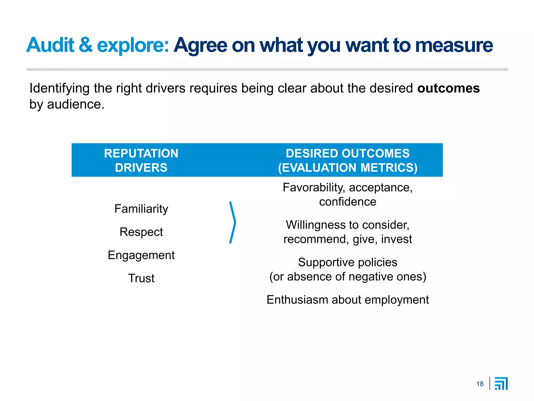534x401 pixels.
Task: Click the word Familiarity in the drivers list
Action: tap(141, 209)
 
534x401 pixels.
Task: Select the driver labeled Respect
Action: tap(141, 232)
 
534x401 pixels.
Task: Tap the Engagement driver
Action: tap(141, 255)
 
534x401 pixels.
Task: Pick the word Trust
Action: tap(141, 278)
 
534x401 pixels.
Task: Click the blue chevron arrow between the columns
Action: tap(233, 222)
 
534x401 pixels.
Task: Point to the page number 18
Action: tap(480, 384)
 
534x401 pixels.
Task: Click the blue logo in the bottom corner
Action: tap(501, 384)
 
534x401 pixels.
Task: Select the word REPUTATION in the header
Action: tap(141, 154)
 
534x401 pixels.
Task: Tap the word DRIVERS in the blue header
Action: tap(141, 168)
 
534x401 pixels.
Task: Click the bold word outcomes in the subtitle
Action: tap(448, 88)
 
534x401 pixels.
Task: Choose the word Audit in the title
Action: tap(51, 45)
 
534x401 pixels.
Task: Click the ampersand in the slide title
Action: tap(86, 45)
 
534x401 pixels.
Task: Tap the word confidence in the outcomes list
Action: tap(348, 202)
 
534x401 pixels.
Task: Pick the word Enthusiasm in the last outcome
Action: tap(297, 300)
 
